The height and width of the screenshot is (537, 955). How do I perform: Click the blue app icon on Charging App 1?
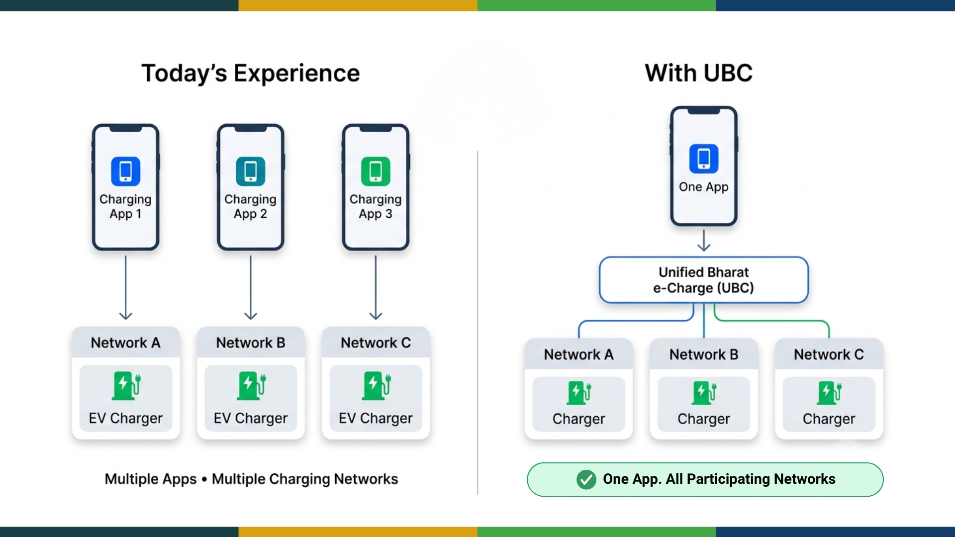[125, 171]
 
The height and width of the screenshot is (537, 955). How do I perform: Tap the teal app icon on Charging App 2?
[251, 171]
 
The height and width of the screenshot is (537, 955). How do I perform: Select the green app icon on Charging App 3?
[376, 171]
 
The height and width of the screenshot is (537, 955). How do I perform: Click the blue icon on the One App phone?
[704, 159]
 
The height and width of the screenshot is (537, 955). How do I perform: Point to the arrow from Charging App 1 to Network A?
[126, 287]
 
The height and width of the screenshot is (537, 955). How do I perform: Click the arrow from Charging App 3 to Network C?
[376, 287]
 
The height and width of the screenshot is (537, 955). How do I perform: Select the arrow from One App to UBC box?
[704, 240]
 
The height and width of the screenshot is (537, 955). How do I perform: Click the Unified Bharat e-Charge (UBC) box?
[704, 280]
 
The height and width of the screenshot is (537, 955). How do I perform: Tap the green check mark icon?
[586, 479]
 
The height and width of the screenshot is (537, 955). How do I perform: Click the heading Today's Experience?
[251, 73]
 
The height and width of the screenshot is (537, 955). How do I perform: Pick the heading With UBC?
[699, 73]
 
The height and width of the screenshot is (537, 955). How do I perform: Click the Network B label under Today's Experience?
[251, 343]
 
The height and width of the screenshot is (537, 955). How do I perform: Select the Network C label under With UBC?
[829, 355]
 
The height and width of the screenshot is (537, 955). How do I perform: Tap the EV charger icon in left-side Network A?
[126, 386]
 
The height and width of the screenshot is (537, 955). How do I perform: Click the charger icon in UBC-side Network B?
[704, 393]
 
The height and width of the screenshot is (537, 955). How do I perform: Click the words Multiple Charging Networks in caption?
[305, 479]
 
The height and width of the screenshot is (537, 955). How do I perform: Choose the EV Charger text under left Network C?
[376, 418]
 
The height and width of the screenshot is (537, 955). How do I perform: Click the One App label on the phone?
[704, 187]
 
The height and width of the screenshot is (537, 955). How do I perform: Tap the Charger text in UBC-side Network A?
[579, 419]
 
